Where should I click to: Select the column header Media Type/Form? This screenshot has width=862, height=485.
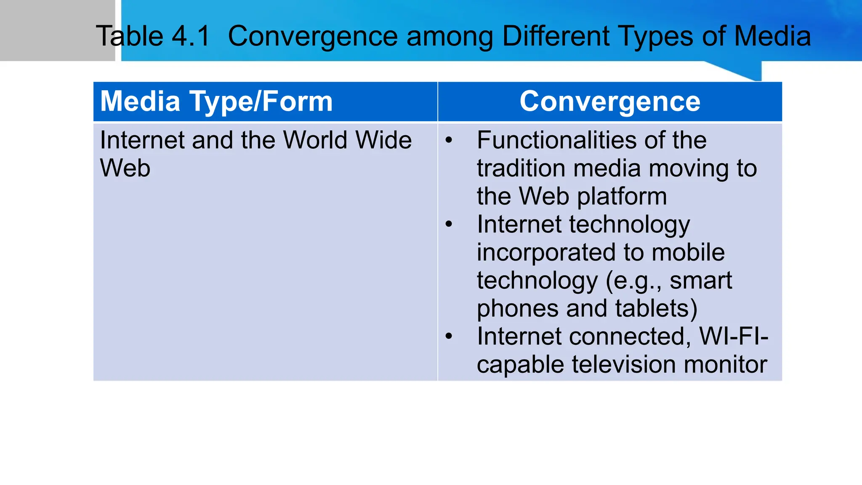216,101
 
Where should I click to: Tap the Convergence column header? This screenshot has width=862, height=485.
610,101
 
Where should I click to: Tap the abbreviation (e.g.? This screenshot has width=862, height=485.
634,281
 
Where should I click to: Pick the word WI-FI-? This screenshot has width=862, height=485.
734,336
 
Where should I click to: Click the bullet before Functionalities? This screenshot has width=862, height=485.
449,140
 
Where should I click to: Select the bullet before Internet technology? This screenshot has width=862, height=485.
449,224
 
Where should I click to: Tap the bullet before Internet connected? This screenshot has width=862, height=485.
449,336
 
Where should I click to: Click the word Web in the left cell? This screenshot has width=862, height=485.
125,168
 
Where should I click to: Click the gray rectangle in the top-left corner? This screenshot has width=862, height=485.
57,30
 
